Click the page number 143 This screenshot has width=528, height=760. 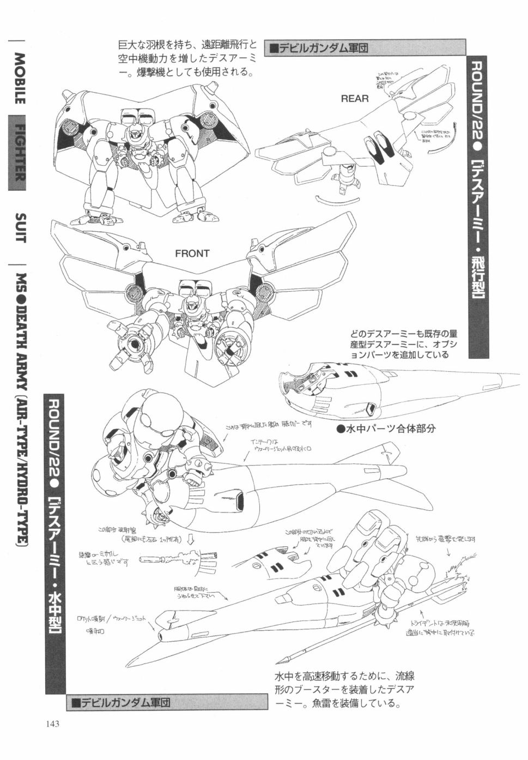(52, 724)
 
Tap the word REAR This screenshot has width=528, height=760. (355, 99)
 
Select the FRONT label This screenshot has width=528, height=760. (192, 254)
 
